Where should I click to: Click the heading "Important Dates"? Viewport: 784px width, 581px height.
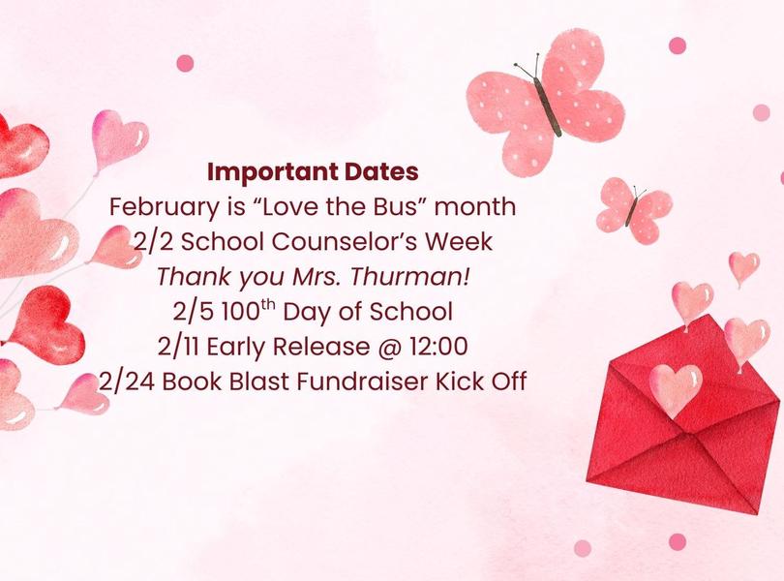[313, 173]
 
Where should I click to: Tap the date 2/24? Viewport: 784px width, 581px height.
[127, 382]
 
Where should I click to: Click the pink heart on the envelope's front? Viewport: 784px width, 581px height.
[675, 387]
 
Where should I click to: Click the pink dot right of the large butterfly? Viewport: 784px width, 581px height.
[678, 46]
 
